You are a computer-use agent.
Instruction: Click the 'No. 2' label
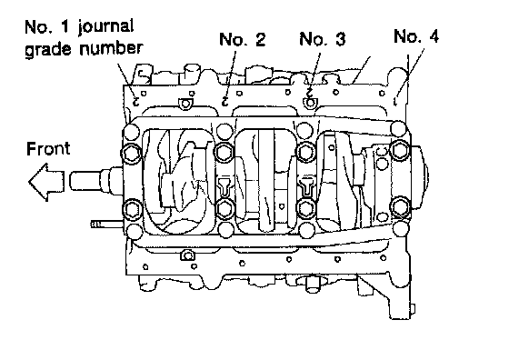click(242, 39)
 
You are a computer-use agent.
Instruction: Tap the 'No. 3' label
click(323, 38)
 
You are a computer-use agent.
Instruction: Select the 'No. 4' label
click(416, 35)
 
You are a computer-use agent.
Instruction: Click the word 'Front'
click(48, 149)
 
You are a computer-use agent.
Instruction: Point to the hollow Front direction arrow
click(46, 182)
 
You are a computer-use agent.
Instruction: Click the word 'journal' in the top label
click(105, 26)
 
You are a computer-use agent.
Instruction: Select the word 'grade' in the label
click(48, 49)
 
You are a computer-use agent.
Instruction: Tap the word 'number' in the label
click(111, 48)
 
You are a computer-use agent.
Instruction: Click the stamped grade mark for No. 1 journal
click(136, 101)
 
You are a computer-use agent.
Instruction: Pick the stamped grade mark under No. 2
click(225, 101)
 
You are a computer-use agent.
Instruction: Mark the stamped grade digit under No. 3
click(310, 92)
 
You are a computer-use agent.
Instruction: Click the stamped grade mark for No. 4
click(395, 102)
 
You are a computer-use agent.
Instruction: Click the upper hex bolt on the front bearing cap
click(132, 153)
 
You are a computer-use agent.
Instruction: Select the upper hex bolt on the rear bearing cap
click(400, 150)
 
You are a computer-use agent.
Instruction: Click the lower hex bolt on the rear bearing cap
click(401, 206)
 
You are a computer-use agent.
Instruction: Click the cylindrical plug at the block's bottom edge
click(314, 284)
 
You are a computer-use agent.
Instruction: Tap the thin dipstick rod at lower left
click(107, 224)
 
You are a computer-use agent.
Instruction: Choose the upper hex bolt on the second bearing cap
click(224, 152)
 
